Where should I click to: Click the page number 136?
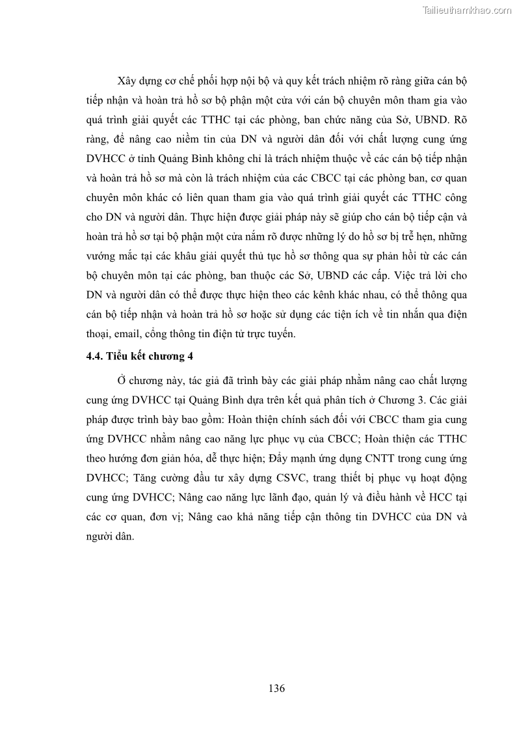pos(276,689)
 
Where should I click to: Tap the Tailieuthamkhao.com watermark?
pos(466,10)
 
